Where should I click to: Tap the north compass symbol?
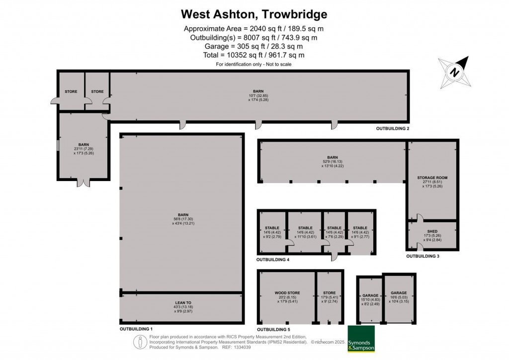454,72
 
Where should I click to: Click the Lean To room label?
181,302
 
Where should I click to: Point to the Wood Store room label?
286,293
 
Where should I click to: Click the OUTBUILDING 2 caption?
392,128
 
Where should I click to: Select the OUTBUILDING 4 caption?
273,260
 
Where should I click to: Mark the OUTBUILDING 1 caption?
136,329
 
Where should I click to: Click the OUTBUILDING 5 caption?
273,329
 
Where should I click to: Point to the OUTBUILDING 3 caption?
423,257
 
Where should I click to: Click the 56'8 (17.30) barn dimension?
181,218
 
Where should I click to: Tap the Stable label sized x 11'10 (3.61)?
305,232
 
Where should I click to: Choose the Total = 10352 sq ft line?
254,55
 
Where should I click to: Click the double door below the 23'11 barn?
84,182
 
